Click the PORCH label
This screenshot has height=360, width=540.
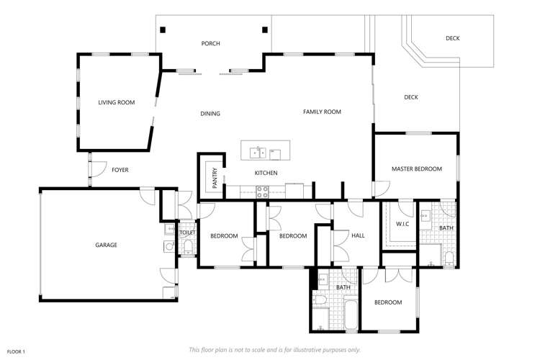[x=210, y=44]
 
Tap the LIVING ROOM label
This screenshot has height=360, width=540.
[x=117, y=103]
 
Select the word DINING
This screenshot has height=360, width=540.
[x=210, y=114]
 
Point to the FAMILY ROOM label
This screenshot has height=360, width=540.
[x=322, y=112]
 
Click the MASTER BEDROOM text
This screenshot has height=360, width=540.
[x=416, y=168]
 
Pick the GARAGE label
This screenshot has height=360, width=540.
[x=106, y=245]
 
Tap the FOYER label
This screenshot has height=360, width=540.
[x=120, y=170]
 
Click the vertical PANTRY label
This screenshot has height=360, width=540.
[x=215, y=177]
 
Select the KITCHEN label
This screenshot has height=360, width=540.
[x=266, y=173]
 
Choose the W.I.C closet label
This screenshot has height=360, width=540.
[x=402, y=224]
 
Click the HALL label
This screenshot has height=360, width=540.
[x=359, y=235]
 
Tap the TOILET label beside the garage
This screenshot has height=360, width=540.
[x=186, y=233]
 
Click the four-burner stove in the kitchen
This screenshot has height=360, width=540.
[x=262, y=192]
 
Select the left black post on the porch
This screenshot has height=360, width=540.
[x=163, y=30]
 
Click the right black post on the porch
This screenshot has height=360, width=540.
[x=265, y=30]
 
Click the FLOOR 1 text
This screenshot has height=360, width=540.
[x=16, y=351]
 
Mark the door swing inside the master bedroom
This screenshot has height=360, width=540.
[x=381, y=189]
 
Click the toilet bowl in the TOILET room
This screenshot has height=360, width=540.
[x=188, y=247]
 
